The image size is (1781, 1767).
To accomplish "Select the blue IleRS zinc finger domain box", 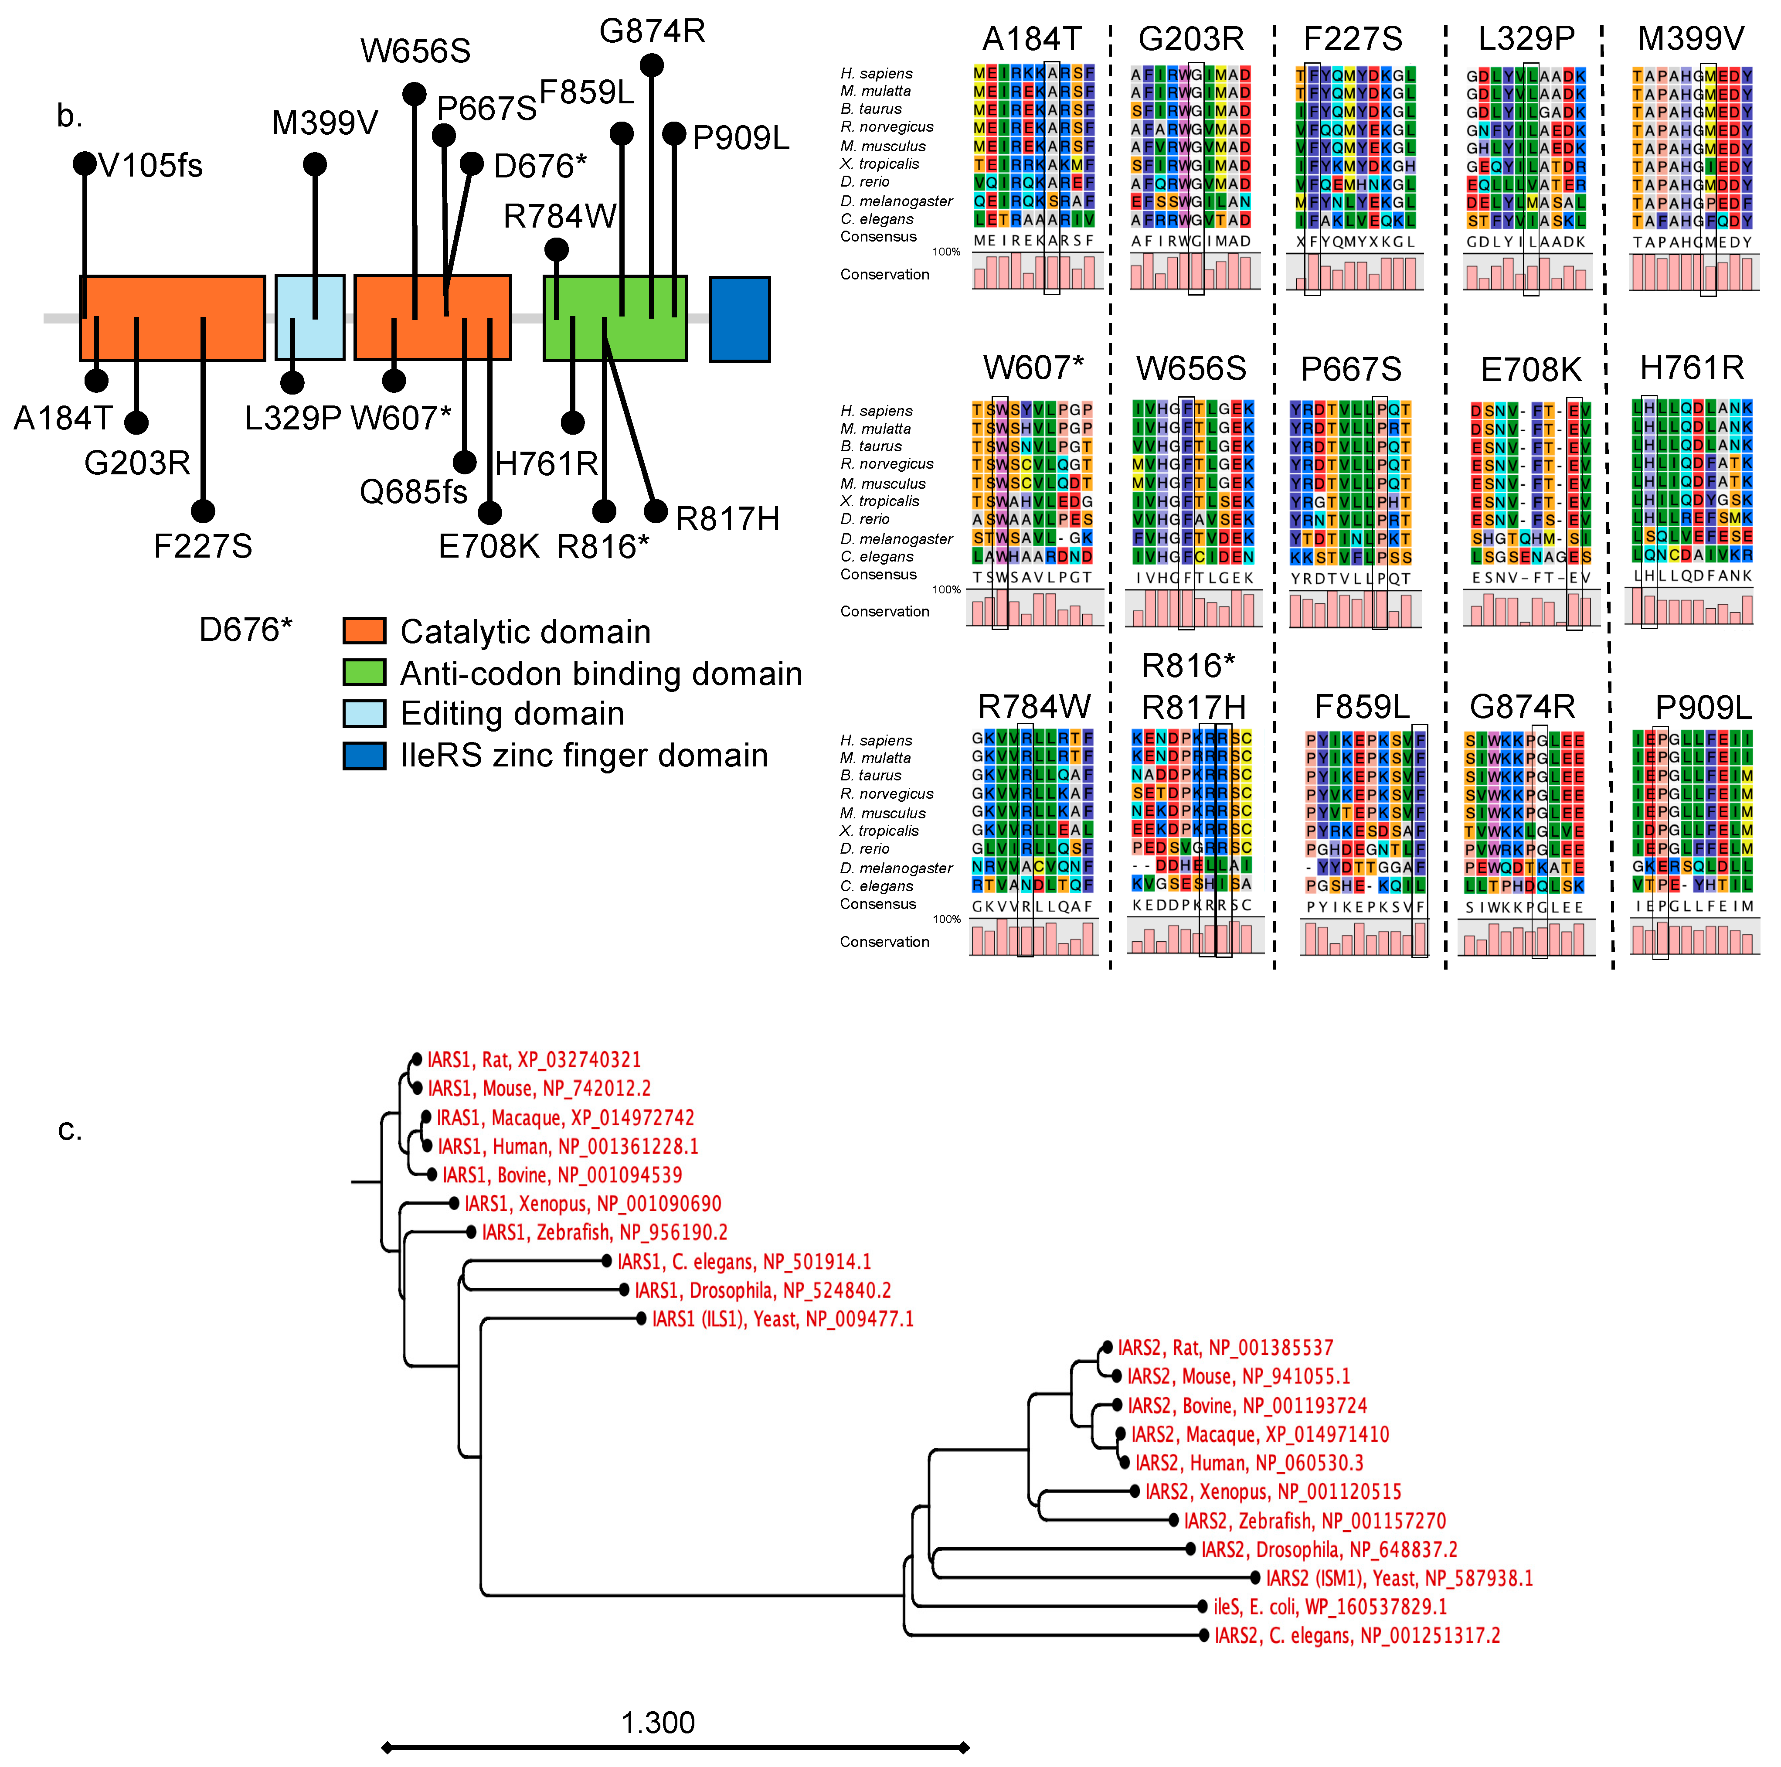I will pos(739,319).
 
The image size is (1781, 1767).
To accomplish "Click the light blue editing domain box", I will pos(310,317).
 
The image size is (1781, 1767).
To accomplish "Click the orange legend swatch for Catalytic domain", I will pos(364,631).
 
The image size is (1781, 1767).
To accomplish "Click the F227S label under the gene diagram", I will pos(203,546).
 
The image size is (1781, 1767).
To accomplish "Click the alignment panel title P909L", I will pos(1703,707).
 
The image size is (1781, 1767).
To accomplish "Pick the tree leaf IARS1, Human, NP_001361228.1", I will pos(568,1146).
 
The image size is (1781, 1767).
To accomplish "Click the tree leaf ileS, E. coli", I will pos(1329,1607).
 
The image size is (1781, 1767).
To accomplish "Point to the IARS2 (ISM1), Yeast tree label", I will pos(1398,1578).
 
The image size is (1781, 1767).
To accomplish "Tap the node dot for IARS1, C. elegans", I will pos(607,1261).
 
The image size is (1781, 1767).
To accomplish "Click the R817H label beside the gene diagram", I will pos(727,519).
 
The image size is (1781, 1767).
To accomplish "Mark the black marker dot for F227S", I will pos(203,511).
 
